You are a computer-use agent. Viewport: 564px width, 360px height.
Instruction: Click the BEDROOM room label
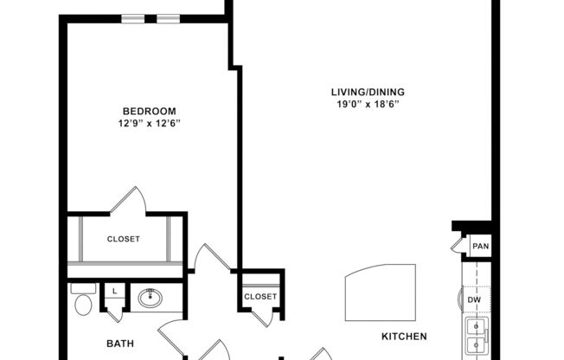pyautogui.click(x=149, y=111)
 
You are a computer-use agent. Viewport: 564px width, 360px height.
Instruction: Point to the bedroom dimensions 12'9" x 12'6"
pyautogui.click(x=149, y=123)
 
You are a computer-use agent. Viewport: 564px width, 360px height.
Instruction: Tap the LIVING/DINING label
pyautogui.click(x=368, y=93)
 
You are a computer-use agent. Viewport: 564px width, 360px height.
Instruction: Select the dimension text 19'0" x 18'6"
pyautogui.click(x=368, y=105)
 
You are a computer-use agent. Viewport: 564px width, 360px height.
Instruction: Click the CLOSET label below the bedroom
pyautogui.click(x=124, y=239)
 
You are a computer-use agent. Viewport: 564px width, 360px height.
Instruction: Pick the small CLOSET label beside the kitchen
pyautogui.click(x=260, y=297)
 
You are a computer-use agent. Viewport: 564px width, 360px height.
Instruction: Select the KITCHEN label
pyautogui.click(x=405, y=336)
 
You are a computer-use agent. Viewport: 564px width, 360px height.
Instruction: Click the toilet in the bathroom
pyautogui.click(x=84, y=301)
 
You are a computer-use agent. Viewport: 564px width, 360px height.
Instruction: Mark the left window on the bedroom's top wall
pyautogui.click(x=132, y=18)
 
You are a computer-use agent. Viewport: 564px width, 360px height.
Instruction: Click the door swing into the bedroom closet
pyautogui.click(x=128, y=201)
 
